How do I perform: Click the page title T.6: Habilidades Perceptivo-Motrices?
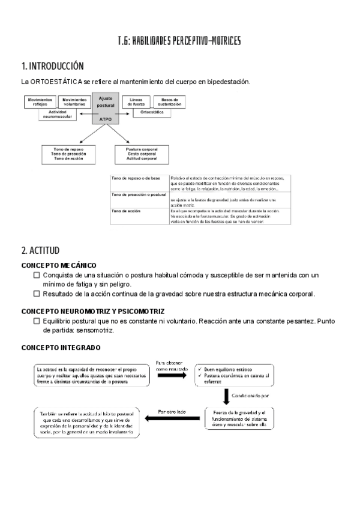pos(179,41)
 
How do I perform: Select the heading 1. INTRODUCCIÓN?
pos(52,66)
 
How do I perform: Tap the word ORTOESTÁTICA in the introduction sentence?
pos(58,82)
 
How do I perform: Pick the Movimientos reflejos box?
pos(40,101)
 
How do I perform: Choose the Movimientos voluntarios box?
pos(74,101)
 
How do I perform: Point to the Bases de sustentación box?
pos(170,101)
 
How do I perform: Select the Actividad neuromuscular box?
pos(57,115)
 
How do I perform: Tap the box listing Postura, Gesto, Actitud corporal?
pos(142,154)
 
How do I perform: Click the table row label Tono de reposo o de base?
pos(135,179)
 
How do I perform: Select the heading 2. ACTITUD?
pos(40,250)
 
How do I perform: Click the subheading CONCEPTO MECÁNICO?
pos(59,265)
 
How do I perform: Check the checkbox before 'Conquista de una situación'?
pos(37,275)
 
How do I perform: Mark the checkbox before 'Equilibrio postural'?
pos(37,321)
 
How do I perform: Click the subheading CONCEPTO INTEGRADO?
pos(61,347)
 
